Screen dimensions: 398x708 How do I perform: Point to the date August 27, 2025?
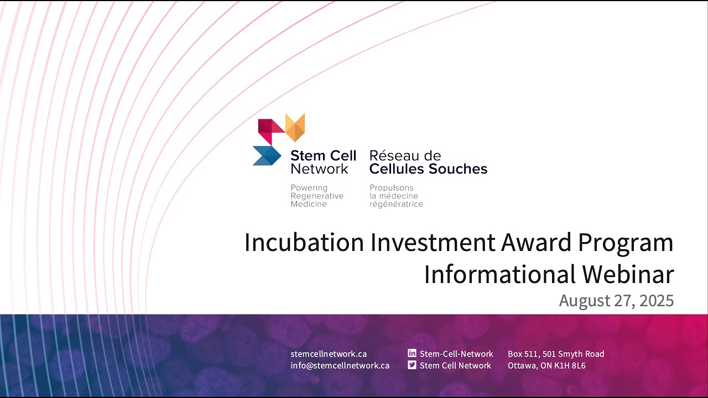pyautogui.click(x=616, y=301)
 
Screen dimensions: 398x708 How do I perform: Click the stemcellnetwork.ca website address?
pyautogui.click(x=329, y=354)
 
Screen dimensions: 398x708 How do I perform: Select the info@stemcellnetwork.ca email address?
pyautogui.click(x=340, y=365)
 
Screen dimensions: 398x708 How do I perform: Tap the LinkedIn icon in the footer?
pyautogui.click(x=412, y=353)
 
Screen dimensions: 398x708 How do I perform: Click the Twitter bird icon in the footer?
pyautogui.click(x=412, y=365)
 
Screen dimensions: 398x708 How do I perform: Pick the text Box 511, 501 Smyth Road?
pyautogui.click(x=556, y=354)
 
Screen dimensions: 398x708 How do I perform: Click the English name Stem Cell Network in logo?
pyautogui.click(x=323, y=162)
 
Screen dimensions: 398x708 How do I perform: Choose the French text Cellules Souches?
pyautogui.click(x=428, y=169)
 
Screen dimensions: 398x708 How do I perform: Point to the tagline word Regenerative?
pyautogui.click(x=317, y=196)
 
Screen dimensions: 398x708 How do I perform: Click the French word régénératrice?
pyautogui.click(x=396, y=204)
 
